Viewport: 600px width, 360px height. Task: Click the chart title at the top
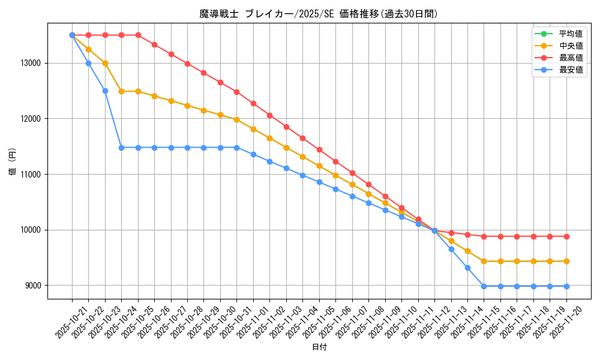coord(319,13)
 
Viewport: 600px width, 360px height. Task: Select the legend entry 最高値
coord(571,58)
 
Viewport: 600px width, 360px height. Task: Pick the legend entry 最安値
coord(571,70)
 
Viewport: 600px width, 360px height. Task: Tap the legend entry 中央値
coord(571,46)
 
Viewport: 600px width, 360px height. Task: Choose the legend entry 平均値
coord(571,34)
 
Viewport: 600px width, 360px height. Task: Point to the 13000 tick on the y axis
coord(31,63)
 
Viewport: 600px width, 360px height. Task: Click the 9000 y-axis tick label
coord(33,286)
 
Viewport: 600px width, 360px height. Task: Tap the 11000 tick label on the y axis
coord(31,175)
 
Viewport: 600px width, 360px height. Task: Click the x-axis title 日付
coord(319,347)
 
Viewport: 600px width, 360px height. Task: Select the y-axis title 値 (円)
coord(12,162)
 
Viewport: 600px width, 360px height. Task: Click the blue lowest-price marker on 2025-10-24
coord(121,148)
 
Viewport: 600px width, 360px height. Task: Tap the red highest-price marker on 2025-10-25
coord(138,35)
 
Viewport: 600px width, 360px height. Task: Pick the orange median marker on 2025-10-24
coord(121,91)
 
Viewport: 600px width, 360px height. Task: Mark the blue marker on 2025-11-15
coord(484,286)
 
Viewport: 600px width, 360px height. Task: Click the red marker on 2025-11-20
coord(566,236)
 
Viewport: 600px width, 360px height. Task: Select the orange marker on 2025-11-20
coord(566,261)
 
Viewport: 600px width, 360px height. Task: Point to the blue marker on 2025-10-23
coord(105,91)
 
